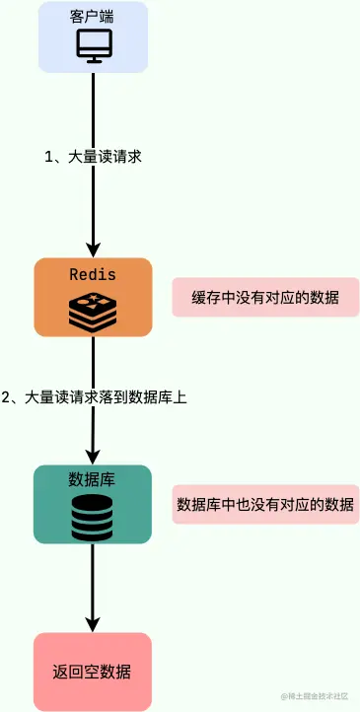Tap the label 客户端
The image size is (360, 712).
[x=93, y=19]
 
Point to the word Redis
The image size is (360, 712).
[x=93, y=273]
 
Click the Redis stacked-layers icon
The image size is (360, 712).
[x=93, y=310]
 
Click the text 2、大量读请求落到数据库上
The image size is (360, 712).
[x=94, y=397]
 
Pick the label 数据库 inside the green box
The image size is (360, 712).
[x=93, y=480]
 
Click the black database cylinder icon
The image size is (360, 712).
[x=93, y=517]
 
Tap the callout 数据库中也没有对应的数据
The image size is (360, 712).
[x=264, y=504]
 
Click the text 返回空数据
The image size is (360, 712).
[x=93, y=673]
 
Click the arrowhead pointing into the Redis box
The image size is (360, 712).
[x=93, y=249]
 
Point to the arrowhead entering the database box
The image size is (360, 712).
[x=93, y=457]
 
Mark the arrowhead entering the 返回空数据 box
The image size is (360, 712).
[x=93, y=624]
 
